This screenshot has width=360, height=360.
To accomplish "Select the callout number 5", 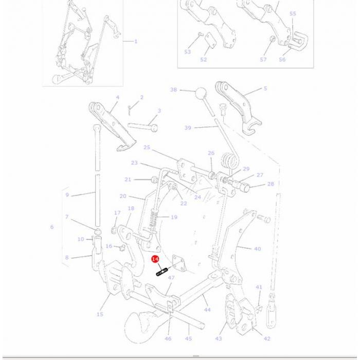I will (265, 88).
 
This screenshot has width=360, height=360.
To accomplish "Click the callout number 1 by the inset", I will (136, 42).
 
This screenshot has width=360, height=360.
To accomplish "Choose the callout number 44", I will (207, 310).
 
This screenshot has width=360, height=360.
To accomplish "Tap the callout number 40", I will (257, 249).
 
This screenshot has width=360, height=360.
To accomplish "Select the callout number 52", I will (204, 60).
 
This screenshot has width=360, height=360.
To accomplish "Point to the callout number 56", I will (282, 60).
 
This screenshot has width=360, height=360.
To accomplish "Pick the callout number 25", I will (147, 148).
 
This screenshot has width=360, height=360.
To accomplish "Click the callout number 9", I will (67, 195).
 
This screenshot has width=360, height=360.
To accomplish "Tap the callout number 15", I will (100, 314).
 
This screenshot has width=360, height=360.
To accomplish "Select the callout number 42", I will (266, 338).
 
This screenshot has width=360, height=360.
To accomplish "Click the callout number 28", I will (271, 184).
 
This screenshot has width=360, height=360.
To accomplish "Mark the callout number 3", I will (159, 111).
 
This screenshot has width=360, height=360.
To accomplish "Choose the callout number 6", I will (51, 227).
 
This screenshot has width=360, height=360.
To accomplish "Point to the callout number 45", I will (189, 338).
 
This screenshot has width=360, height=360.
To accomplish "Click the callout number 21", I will (128, 179).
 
